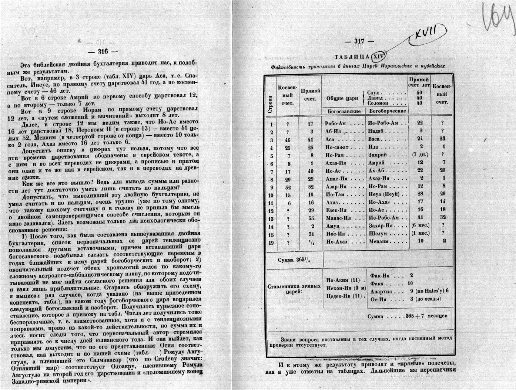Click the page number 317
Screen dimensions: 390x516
click(359, 42)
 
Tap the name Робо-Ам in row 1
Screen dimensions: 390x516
click(336, 123)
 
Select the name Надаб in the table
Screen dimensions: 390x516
click(377, 131)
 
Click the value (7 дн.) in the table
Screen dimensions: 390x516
click(420, 155)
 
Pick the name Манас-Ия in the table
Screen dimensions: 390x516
click(338, 218)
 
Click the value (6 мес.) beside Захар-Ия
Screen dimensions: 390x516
click(420, 226)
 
